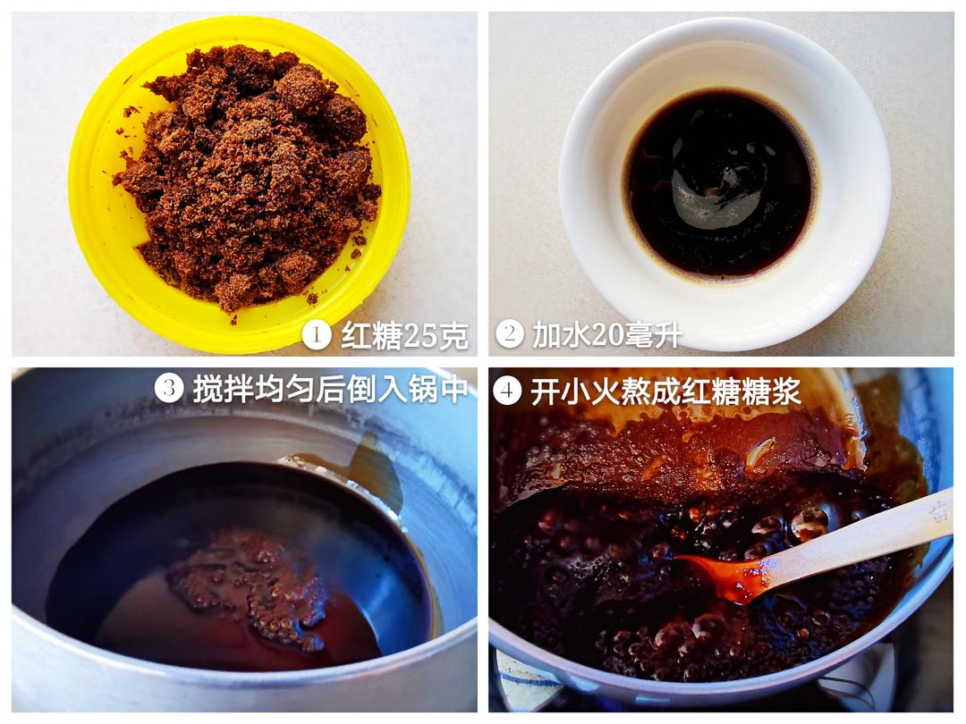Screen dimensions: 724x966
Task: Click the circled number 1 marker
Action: pos(317,335)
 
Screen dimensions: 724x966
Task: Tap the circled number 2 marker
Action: pos(510,334)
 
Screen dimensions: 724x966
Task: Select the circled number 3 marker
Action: pos(169,388)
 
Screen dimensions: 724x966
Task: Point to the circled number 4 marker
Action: pos(507,391)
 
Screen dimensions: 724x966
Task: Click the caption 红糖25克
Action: pos(404,335)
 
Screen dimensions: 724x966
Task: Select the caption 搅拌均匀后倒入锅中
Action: pos(330,389)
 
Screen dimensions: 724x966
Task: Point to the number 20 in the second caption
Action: pos(614,335)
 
